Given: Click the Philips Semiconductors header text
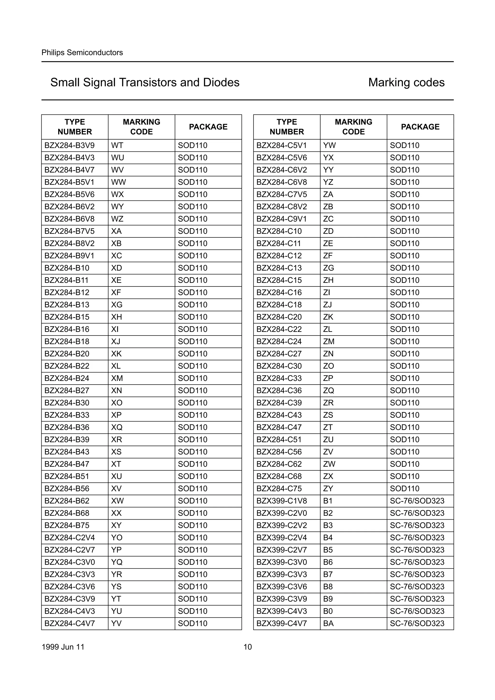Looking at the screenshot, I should pyautogui.click(x=82, y=52).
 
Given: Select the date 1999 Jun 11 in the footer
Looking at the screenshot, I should pyautogui.click(x=63, y=647).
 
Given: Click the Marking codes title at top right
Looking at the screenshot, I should pyautogui.click(x=406, y=82).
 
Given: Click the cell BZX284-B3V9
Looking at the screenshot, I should pyautogui.click(x=70, y=145).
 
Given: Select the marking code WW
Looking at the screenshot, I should pyautogui.click(x=119, y=182).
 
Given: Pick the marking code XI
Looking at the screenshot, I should pyautogui.click(x=115, y=329).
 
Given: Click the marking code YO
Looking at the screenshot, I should pyautogui.click(x=117, y=537).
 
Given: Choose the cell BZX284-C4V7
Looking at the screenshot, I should pyautogui.click(x=70, y=623).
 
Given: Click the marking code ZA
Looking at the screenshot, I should pyautogui.click(x=328, y=194).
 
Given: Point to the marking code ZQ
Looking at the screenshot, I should pyautogui.click(x=328, y=391).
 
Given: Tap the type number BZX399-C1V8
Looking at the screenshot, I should pyautogui.click(x=282, y=501).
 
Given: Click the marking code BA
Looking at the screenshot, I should pyautogui.click(x=328, y=623).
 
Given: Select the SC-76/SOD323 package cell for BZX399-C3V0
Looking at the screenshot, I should pyautogui.click(x=417, y=562).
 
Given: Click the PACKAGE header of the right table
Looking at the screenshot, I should pyautogui.click(x=420, y=127).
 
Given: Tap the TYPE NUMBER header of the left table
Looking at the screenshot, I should pyautogui.click(x=75, y=127).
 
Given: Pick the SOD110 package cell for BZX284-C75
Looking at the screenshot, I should pyautogui.click(x=404, y=488).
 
